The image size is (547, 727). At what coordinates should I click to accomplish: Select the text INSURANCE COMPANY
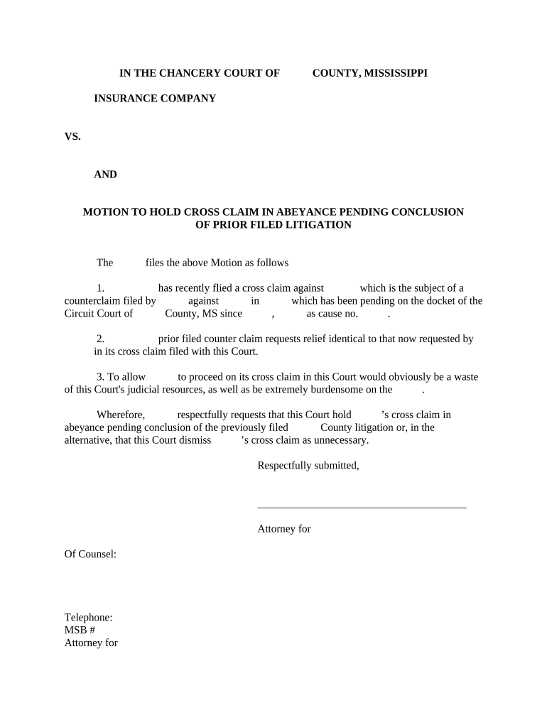[155, 99]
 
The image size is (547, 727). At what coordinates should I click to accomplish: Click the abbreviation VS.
[72, 137]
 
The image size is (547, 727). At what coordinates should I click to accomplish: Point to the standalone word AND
[105, 175]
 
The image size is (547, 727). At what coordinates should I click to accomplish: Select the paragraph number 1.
[101, 288]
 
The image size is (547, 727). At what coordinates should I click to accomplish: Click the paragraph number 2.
[101, 339]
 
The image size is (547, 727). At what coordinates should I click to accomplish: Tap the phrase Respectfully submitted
[308, 466]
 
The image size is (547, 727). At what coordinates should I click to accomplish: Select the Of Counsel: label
[90, 554]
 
